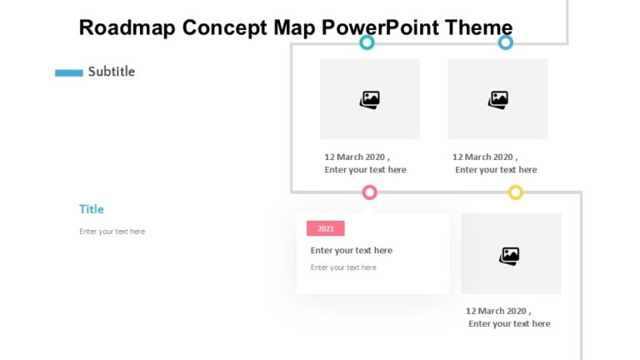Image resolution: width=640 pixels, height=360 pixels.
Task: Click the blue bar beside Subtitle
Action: (68, 72)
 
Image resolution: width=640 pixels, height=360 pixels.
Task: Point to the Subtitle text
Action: (111, 72)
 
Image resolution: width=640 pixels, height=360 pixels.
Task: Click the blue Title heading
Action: (92, 209)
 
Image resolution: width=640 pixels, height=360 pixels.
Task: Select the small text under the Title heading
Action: (112, 232)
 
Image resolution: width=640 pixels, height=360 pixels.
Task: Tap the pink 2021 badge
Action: (325, 228)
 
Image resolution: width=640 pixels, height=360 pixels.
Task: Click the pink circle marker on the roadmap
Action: (370, 192)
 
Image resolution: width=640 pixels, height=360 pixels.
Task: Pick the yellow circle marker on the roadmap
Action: (516, 192)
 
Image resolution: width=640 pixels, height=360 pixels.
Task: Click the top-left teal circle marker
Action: (367, 42)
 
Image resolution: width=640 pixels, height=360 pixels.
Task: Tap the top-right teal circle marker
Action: (505, 42)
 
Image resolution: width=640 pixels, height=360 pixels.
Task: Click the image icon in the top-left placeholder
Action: (370, 100)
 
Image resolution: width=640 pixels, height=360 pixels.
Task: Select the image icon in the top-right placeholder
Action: (498, 100)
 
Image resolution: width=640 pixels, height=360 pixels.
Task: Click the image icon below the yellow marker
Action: (510, 255)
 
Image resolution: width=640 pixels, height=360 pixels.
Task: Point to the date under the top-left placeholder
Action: (357, 157)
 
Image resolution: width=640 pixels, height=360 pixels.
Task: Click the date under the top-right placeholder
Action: (485, 157)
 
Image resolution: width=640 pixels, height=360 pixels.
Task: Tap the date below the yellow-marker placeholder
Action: (498, 311)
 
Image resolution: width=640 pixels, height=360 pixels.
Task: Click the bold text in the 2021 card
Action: (351, 250)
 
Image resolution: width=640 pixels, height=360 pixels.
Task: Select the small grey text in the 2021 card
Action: (343, 267)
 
